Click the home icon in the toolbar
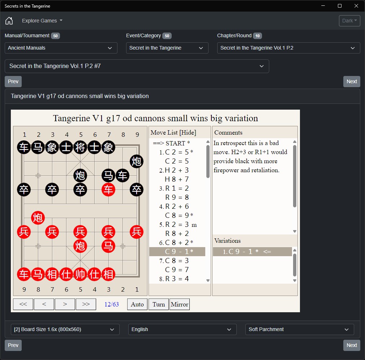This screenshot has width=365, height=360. tap(9, 21)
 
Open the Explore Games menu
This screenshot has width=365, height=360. tap(42, 21)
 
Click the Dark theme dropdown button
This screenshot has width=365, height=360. tap(349, 21)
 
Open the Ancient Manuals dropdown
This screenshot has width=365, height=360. tap(61, 48)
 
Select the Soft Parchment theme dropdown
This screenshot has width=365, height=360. tap(300, 329)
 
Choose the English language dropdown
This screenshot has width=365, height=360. tap(182, 329)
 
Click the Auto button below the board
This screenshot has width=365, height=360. tap(137, 304)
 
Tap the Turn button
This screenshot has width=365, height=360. tap(159, 304)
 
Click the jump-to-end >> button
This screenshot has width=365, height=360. tap(86, 304)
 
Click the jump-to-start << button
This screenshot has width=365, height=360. tap(23, 304)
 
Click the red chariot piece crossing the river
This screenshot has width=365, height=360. tap(108, 190)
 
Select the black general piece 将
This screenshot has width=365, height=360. tap(80, 147)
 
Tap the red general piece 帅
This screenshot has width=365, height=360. tap(80, 274)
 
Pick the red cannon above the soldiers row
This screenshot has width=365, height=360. tap(38, 218)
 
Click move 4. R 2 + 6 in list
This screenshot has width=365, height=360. tap(174, 207)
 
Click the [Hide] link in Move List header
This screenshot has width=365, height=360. tap(188, 132)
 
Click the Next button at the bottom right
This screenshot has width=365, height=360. tap(352, 345)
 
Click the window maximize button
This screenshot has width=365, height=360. tap(340, 6)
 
